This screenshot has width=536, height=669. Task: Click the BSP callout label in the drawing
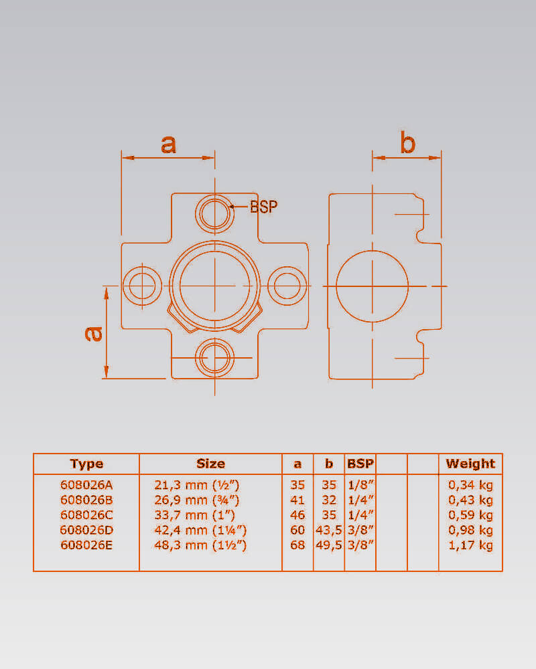pos(263,207)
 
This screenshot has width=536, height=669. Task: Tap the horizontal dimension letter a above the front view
pos(168,143)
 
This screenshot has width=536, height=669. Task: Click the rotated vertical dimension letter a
pos(95,333)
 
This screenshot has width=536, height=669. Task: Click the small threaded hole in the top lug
pos(214,213)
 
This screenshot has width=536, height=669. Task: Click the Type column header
pos(86,464)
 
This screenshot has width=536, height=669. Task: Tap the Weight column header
pos(470,464)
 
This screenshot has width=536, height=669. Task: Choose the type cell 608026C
pos(86,515)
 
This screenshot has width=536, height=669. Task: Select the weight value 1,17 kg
pos(470,545)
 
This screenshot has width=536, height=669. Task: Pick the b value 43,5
pos(329,531)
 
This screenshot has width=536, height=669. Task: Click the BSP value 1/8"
pos(360,485)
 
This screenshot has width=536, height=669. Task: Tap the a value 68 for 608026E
pos(297,545)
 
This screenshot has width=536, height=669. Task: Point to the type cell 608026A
pos(86,485)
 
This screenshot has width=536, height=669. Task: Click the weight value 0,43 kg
pos(470,500)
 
